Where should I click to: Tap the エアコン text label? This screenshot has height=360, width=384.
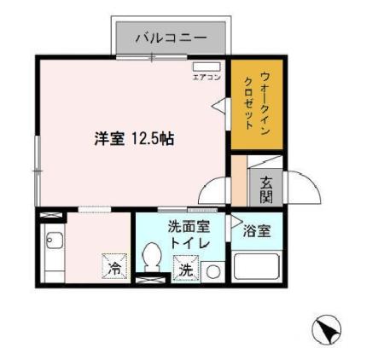(x=207, y=77)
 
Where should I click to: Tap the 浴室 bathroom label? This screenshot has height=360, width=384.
(x=257, y=229)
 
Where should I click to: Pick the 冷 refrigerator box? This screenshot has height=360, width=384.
(x=114, y=267)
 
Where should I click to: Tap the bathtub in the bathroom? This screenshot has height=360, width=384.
(x=258, y=265)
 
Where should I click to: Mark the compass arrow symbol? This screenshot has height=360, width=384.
(x=329, y=327)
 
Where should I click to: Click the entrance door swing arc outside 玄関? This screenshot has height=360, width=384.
(x=303, y=185)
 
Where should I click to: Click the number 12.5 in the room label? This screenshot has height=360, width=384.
(x=143, y=139)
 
